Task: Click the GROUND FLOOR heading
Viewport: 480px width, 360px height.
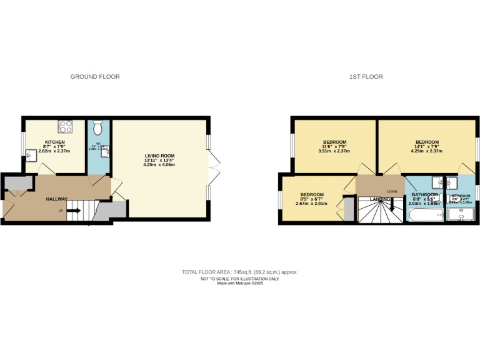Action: (94, 77)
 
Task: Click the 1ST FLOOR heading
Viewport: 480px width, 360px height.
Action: (366, 77)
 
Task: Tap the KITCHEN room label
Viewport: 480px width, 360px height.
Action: (54, 142)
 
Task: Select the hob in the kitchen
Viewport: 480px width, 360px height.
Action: (66, 127)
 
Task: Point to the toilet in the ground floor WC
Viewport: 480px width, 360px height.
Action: (98, 128)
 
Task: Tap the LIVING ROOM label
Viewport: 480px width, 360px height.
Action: (159, 156)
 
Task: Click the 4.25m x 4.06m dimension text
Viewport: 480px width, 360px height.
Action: (159, 165)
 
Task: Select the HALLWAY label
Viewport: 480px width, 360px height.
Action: (57, 199)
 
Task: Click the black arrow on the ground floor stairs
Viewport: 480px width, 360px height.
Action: (73, 211)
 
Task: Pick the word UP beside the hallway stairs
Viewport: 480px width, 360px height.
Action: (61, 211)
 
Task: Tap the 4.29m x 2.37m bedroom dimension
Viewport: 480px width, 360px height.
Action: (427, 151)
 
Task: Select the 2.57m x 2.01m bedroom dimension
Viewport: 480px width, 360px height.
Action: (311, 203)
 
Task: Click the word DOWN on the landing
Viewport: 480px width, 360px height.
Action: (392, 191)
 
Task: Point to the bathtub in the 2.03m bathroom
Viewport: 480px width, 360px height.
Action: (425, 216)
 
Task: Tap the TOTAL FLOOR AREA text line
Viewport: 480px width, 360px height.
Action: (240, 272)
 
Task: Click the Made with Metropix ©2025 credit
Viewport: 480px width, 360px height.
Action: (240, 283)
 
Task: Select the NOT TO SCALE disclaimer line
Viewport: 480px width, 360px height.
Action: (240, 279)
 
